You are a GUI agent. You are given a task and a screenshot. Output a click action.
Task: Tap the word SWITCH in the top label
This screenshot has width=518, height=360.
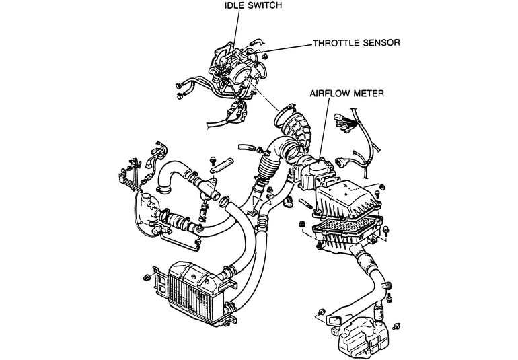click(263, 5)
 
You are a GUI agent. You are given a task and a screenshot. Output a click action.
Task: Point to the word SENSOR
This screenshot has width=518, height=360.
click(381, 43)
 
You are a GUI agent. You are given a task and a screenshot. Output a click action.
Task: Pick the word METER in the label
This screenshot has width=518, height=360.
click(369, 94)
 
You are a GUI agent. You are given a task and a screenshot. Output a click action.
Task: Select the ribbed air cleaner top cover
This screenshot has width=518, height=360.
click(347, 199)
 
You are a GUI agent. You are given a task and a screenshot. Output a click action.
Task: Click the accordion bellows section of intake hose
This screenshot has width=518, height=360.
click(268, 166)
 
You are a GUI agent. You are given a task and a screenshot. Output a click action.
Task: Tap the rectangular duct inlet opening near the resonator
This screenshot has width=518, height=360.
click(334, 320)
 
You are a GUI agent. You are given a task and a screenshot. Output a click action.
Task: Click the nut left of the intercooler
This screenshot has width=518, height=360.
click(146, 277)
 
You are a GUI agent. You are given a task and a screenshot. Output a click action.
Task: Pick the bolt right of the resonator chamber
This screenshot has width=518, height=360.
click(396, 326)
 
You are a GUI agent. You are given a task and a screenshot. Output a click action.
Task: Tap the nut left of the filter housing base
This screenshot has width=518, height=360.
click(301, 225)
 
